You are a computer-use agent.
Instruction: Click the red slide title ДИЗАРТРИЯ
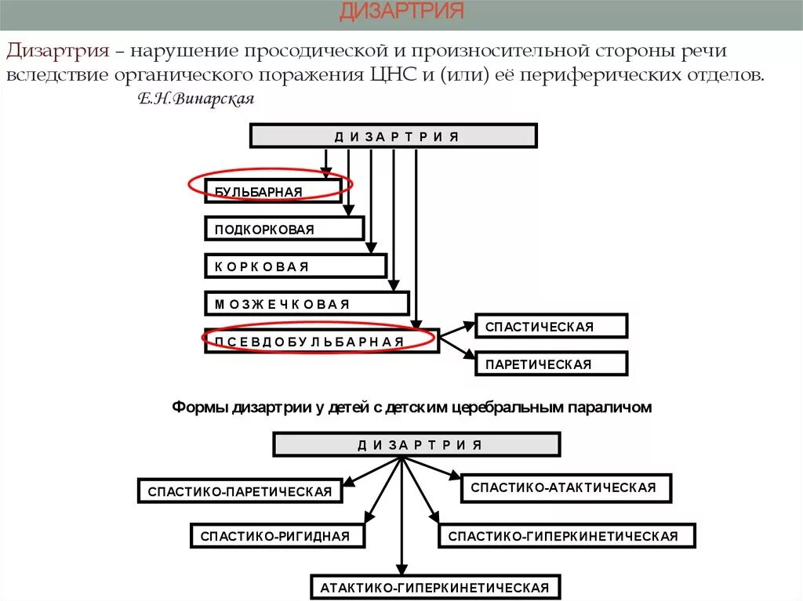pyautogui.click(x=401, y=12)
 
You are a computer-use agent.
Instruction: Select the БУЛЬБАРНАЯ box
pyautogui.click(x=272, y=190)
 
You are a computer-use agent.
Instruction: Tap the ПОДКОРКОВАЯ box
pyautogui.click(x=284, y=229)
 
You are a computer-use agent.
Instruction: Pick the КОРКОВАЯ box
pyautogui.click(x=296, y=266)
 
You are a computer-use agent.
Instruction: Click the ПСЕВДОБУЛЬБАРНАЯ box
pyautogui.click(x=322, y=341)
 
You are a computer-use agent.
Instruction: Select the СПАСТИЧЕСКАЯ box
pyautogui.click(x=551, y=327)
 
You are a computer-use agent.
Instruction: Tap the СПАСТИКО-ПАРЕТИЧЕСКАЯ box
pyautogui.click(x=240, y=491)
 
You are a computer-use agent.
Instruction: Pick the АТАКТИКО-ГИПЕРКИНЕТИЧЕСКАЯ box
pyautogui.click(x=435, y=588)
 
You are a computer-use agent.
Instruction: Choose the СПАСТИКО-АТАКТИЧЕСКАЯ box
pyautogui.click(x=566, y=487)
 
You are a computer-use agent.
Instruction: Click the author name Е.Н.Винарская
pyautogui.click(x=196, y=100)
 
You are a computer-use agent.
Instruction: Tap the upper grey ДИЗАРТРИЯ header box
pyautogui.click(x=394, y=136)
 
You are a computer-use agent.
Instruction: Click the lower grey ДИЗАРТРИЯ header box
pyautogui.click(x=416, y=445)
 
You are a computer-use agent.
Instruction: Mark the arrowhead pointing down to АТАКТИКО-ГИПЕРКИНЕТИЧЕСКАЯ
pyautogui.click(x=401, y=570)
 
